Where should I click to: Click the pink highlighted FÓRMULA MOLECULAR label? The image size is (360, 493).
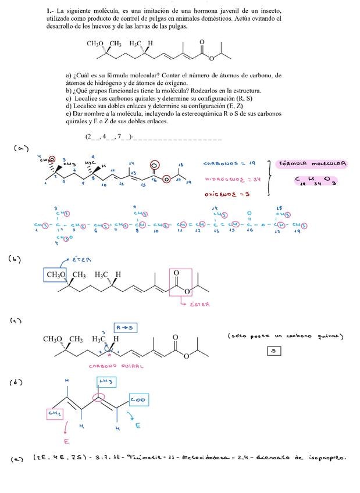pyautogui.click(x=313, y=163)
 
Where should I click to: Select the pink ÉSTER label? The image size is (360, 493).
pyautogui.click(x=199, y=303)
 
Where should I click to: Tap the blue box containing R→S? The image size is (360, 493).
pyautogui.click(x=126, y=327)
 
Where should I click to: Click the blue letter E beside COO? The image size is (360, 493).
pyautogui.click(x=137, y=426)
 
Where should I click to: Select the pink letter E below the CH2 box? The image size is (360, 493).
pyautogui.click(x=67, y=441)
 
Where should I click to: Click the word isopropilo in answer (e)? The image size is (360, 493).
pyautogui.click(x=328, y=458)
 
